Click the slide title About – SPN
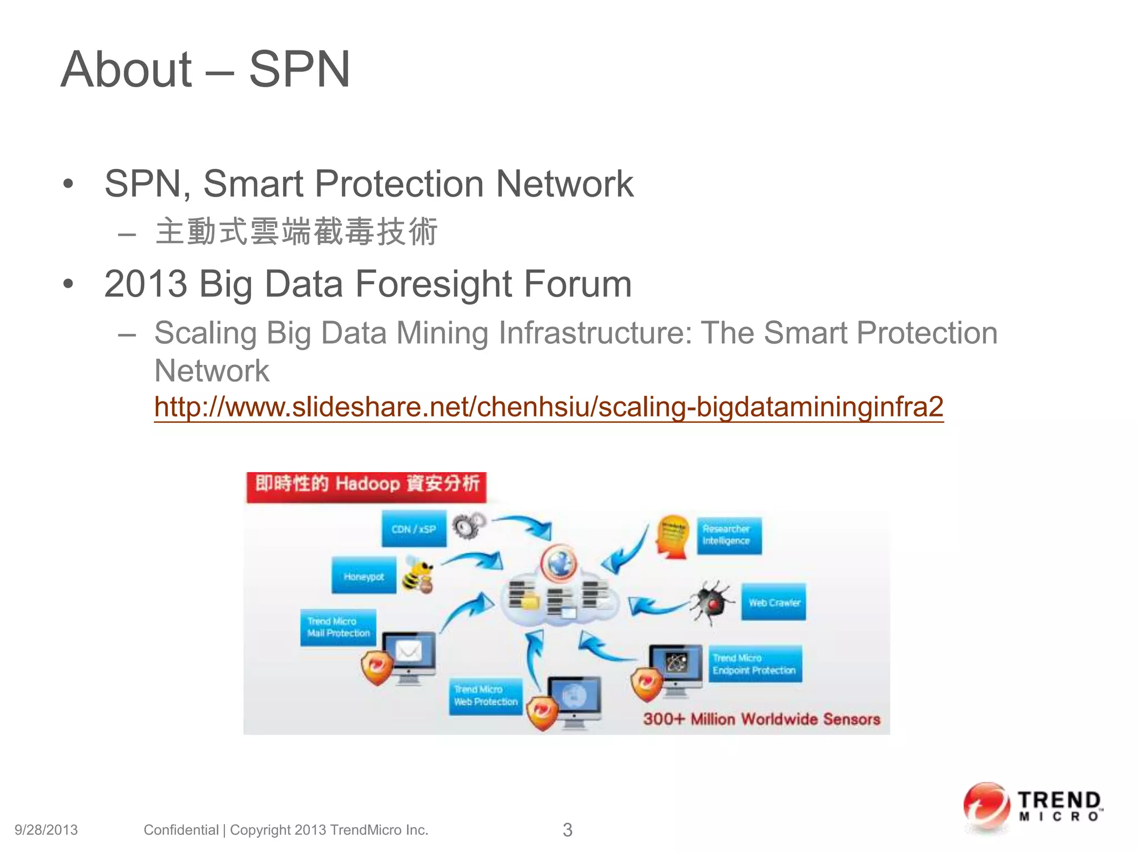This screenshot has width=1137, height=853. (205, 69)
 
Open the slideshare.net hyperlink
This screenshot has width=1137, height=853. (549, 407)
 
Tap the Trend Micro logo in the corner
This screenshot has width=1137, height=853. (1032, 808)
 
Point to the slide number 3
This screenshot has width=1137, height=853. (567, 830)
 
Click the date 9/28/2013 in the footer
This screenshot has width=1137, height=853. (46, 830)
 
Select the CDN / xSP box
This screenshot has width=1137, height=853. (414, 529)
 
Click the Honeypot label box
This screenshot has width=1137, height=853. (364, 576)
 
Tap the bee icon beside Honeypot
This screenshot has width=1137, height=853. (417, 575)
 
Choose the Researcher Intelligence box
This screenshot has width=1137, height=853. (728, 535)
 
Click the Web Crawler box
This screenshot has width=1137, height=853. (773, 602)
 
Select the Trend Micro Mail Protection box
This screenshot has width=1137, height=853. (338, 628)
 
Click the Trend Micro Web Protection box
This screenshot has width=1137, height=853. (485, 696)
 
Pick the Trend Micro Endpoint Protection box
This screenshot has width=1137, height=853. (754, 664)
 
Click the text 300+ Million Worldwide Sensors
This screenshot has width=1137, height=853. (761, 719)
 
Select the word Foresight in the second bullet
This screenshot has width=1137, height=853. (434, 284)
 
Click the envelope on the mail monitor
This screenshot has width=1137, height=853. (409, 651)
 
